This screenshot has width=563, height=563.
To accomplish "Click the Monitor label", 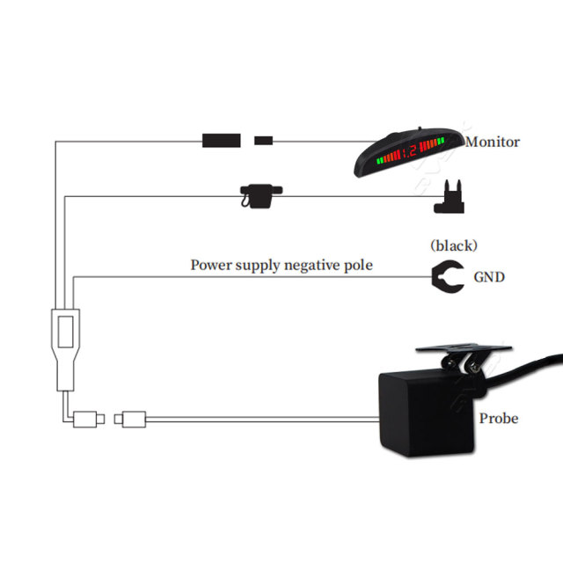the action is click(493, 143).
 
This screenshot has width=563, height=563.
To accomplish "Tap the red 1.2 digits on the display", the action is click(409, 150).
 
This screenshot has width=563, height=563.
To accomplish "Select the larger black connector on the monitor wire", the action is click(221, 141).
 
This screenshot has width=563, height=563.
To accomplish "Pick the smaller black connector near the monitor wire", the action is click(264, 141).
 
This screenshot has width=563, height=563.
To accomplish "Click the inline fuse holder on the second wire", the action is click(261, 196).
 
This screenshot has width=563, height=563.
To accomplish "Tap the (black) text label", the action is click(454, 246).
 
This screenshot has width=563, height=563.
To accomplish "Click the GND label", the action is click(489, 277).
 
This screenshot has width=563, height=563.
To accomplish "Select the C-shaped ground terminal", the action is click(439, 277).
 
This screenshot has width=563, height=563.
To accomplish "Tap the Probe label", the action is click(499, 419).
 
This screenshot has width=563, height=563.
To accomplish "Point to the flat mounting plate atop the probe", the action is click(464, 347).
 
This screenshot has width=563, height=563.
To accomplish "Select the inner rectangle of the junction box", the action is click(66, 332).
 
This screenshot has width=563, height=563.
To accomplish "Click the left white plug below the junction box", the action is click(88, 419).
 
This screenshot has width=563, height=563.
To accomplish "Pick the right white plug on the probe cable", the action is click(130, 419).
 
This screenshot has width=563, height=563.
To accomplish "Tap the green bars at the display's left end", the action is click(379, 161).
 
